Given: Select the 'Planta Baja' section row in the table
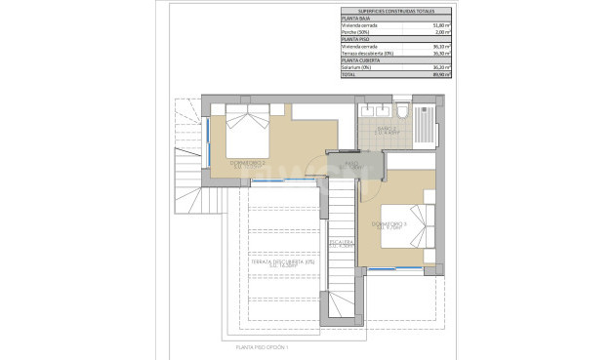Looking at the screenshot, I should [355, 17].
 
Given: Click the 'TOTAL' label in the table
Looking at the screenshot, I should [348, 73].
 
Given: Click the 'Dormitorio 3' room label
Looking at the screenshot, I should [389, 225].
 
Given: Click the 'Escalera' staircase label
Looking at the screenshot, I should [341, 241].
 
